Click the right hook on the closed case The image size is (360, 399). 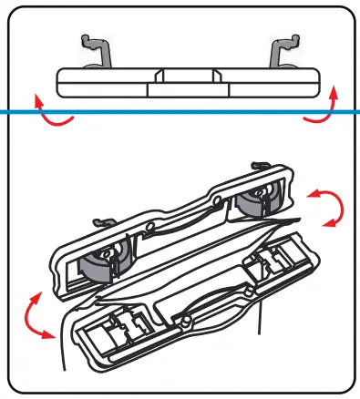284,50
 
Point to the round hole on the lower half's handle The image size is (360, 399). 186,322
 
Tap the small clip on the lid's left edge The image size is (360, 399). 101,221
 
